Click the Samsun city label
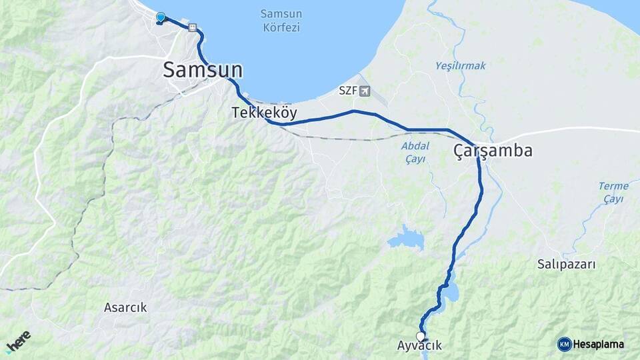coord(203,70)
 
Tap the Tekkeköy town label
coord(265,113)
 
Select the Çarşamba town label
coord(493,151)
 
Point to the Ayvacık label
coord(419,346)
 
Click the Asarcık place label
coord(125,307)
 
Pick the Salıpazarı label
coord(567,264)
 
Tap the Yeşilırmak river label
coord(461,65)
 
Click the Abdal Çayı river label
coord(415,152)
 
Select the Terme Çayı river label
coord(613,192)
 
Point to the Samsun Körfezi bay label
coord(281,21)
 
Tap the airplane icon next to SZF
coord(364,91)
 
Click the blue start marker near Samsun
coord(160,17)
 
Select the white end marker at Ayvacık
coord(421,336)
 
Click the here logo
coord(18,341)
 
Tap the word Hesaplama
coord(599,344)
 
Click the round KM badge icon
coord(564,344)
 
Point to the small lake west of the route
coord(406,238)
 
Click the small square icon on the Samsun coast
coord(193,28)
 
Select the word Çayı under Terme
coord(613,199)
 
